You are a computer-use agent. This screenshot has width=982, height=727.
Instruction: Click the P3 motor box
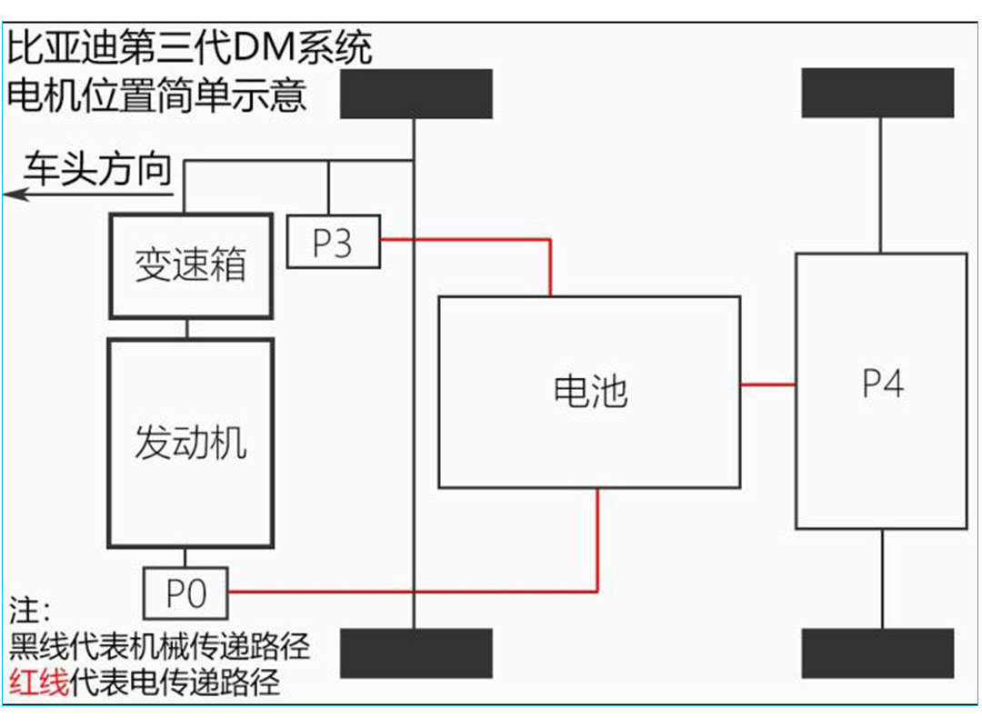(x=333, y=242)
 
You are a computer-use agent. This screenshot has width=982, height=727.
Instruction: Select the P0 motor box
(x=185, y=593)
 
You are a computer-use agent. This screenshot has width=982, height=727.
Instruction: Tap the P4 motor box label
(x=882, y=384)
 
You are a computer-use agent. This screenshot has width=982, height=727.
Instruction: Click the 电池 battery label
(x=590, y=391)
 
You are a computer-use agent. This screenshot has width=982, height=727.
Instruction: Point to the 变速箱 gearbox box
(x=191, y=265)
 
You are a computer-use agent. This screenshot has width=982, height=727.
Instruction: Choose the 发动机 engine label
(x=191, y=443)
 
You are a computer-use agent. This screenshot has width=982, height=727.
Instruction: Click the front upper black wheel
(x=416, y=94)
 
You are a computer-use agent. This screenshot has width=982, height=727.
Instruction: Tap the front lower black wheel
(x=416, y=653)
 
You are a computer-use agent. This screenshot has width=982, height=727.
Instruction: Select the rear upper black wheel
(x=878, y=93)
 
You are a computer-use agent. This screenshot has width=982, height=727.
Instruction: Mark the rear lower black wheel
(x=878, y=653)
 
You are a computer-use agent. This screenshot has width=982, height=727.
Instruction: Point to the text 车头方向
(x=97, y=170)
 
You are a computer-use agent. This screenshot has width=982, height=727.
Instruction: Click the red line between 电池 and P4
(x=768, y=384)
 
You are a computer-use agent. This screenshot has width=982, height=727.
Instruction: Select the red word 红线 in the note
(x=39, y=682)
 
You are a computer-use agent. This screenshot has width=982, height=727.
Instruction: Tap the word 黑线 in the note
(x=39, y=647)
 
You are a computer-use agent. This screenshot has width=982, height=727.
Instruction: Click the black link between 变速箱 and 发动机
(x=187, y=328)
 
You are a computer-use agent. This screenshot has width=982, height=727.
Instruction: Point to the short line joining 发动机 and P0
(x=185, y=558)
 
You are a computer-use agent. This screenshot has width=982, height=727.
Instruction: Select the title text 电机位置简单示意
(x=157, y=94)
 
